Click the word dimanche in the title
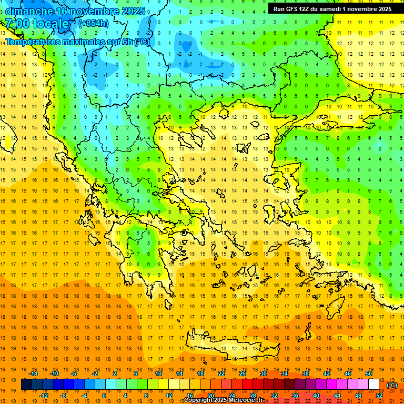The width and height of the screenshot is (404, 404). point(29,11)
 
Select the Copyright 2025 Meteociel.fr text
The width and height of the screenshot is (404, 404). point(223,400)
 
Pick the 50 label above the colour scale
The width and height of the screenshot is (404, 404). point(369,373)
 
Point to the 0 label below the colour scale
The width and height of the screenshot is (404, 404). point(104,395)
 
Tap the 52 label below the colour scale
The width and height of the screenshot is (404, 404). point(379,395)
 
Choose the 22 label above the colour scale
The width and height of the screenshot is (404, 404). point(221,373)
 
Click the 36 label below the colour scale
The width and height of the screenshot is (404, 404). point(295,395)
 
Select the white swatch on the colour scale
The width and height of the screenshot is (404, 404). point(374,384)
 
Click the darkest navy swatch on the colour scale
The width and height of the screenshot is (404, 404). point(27,384)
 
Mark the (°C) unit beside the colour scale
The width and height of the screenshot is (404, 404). point(392,385)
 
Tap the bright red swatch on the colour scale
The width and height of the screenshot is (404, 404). point(248,384)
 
